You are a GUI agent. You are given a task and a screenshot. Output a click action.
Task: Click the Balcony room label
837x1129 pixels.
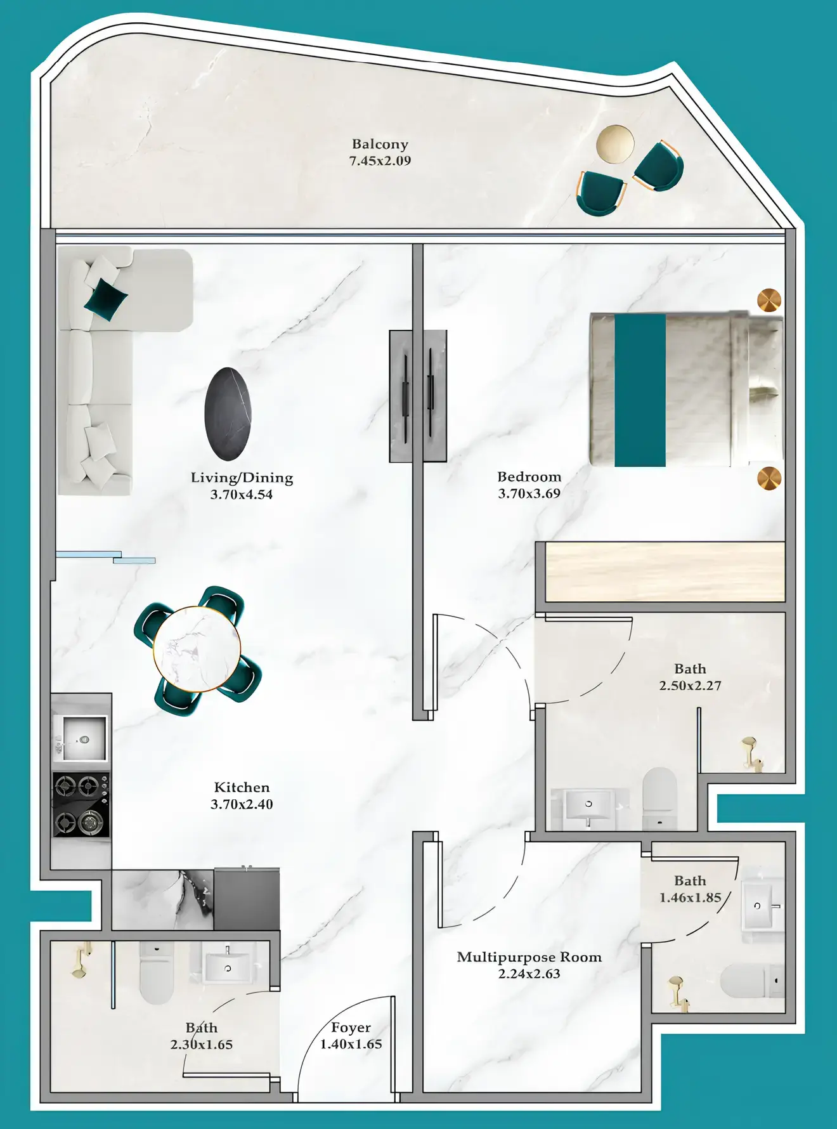(380, 145)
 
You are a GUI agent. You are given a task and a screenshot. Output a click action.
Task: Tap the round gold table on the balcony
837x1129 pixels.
(615, 143)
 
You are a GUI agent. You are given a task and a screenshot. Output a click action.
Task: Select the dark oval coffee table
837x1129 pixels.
(228, 414)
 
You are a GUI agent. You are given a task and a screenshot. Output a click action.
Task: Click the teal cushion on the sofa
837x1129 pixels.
(106, 298)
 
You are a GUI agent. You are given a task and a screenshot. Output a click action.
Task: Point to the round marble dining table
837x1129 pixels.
(197, 649)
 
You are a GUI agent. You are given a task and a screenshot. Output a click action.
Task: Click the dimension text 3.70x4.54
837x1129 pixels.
(242, 495)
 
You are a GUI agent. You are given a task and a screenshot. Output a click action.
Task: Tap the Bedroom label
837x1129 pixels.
(529, 477)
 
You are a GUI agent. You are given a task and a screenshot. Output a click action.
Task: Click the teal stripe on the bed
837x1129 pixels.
(640, 390)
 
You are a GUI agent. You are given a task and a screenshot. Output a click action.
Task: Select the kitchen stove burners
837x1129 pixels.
(81, 804)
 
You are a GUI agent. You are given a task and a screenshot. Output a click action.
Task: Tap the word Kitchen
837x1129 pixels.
(242, 788)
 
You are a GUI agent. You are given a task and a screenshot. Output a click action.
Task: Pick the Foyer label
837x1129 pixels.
(351, 1028)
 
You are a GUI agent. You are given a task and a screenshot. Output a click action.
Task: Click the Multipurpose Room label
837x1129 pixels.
(529, 957)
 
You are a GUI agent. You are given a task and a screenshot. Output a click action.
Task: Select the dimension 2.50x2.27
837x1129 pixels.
(690, 686)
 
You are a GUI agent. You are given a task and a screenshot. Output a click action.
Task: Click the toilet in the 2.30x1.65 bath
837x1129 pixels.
(156, 973)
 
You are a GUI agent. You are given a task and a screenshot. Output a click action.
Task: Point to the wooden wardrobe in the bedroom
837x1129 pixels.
(665, 572)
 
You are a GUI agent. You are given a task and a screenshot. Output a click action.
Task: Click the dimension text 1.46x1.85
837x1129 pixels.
(690, 897)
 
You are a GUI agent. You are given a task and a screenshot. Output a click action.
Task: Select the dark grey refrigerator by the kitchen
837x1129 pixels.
(247, 899)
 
